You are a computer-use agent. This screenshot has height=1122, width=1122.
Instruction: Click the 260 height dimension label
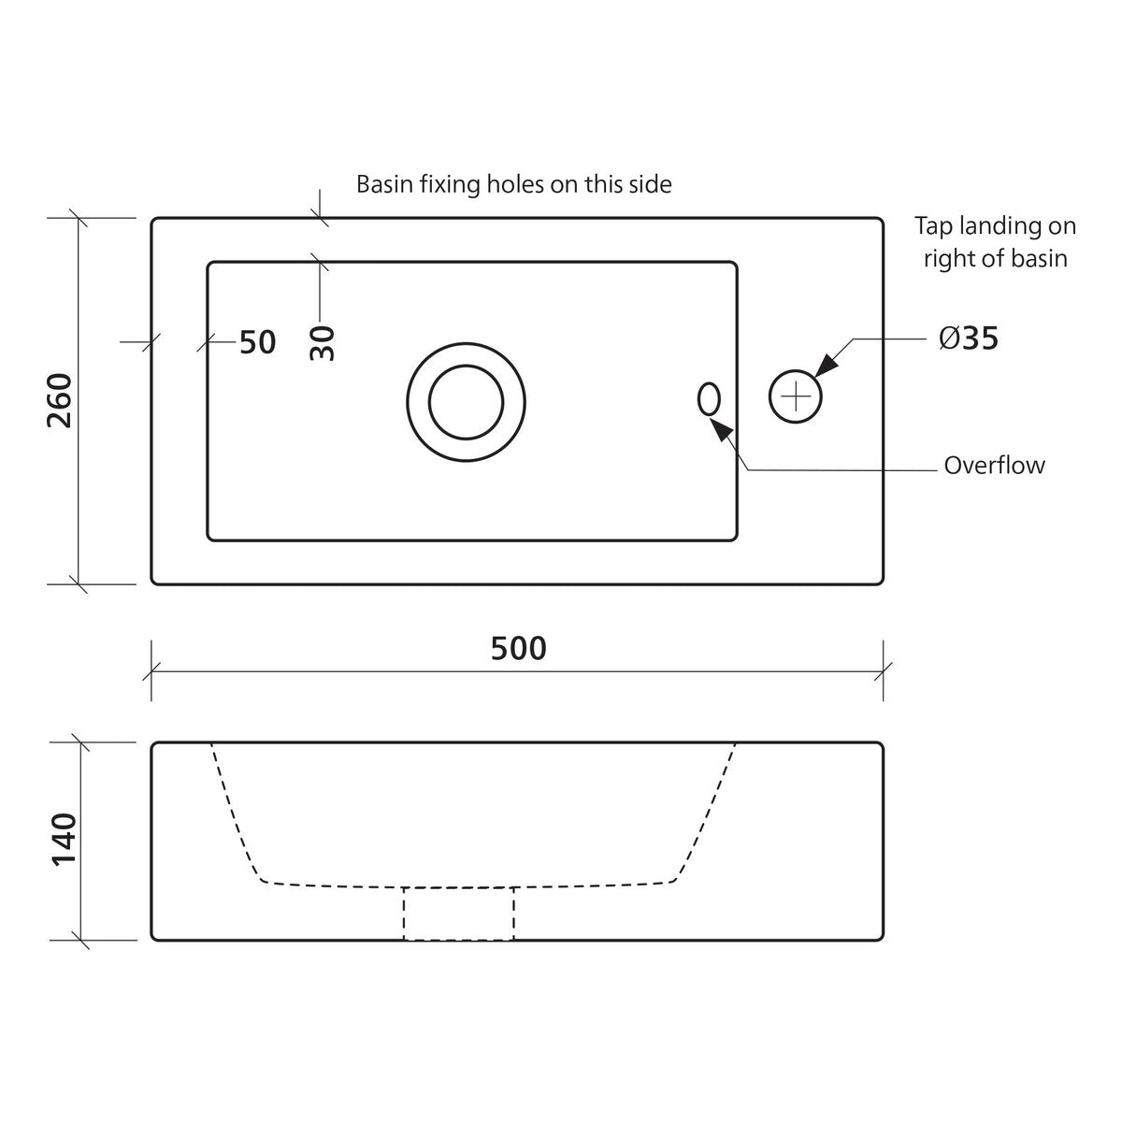60,400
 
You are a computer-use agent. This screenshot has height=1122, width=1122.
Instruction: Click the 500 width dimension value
518,648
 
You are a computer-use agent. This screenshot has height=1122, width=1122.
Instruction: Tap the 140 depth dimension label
65,840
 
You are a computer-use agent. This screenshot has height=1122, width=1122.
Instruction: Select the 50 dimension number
257,342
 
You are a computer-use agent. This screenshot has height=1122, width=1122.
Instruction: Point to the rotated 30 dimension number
323,343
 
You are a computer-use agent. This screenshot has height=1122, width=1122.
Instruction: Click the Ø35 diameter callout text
969,338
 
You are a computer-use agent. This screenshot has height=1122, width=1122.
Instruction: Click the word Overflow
994,466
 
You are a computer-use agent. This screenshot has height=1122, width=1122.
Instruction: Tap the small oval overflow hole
709,399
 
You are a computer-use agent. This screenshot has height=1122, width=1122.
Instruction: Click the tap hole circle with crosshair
795,396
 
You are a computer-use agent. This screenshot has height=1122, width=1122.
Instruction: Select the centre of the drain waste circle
466,402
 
